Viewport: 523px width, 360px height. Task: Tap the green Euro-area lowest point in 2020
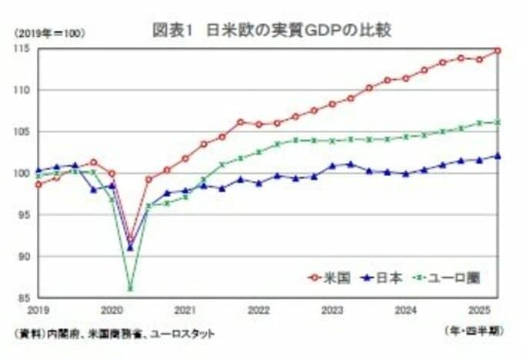pos(130,289)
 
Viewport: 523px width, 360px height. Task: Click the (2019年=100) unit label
pos(48,33)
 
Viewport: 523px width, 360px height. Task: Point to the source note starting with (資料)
pos(114,333)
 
